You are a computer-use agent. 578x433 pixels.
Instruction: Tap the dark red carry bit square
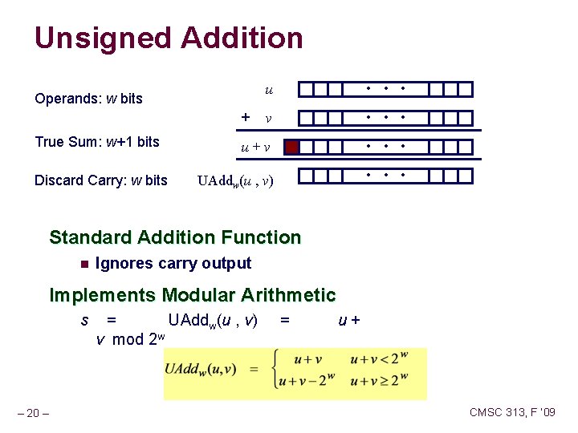pos(292,147)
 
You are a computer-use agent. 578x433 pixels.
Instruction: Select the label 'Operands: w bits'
pos(88,99)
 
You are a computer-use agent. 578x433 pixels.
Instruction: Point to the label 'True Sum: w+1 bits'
pos(97,142)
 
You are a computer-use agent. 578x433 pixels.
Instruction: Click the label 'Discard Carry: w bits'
pos(101,180)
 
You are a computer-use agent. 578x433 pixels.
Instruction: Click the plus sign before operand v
pos(246,117)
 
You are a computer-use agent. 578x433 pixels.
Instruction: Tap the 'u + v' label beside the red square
pos(255,148)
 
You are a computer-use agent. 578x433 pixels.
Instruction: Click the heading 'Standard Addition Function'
pos(175,237)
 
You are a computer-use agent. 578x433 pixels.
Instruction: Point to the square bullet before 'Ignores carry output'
pos(83,264)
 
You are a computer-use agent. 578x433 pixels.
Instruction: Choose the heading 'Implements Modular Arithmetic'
pos(193,295)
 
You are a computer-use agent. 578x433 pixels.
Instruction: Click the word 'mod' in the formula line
pos(128,339)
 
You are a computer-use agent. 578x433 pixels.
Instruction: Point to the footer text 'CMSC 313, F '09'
pos(512,413)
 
